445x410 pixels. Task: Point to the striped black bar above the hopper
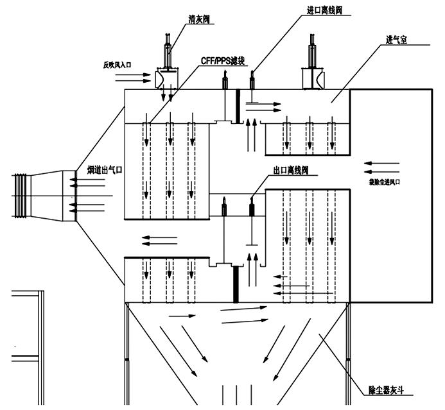[x=236, y=283]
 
